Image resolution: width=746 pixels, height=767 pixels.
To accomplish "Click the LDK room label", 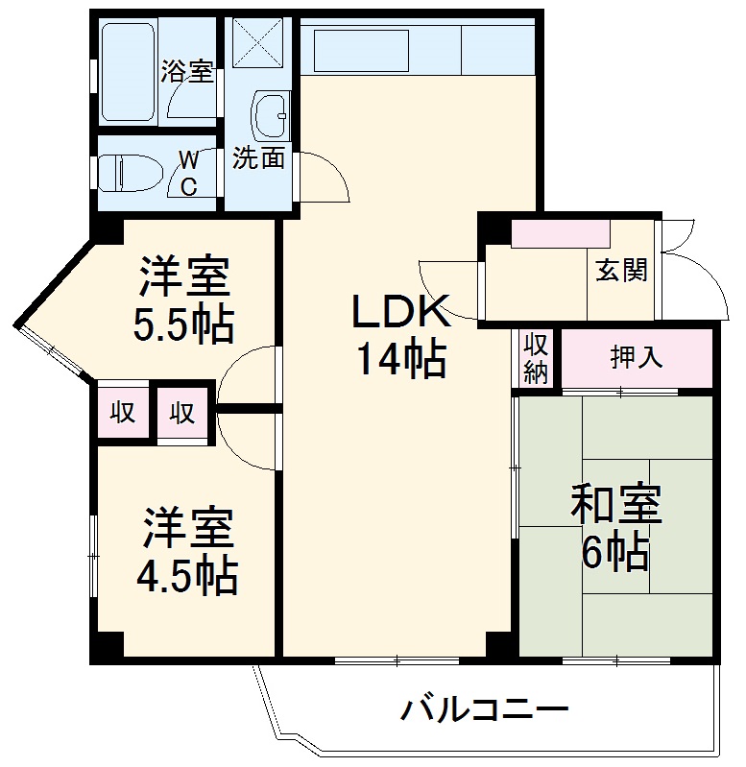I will tap(400, 312).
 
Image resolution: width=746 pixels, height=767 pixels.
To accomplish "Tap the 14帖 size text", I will tap(400, 359).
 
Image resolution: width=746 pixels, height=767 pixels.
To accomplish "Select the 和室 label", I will tap(616, 505).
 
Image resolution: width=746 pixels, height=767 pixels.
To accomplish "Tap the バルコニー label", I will tap(485, 711).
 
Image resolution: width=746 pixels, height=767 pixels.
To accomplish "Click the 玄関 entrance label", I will tap(621, 271).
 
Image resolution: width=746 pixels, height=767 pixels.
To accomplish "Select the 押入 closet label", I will tap(637, 357).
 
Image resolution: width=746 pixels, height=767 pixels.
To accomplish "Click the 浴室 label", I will tap(187, 71).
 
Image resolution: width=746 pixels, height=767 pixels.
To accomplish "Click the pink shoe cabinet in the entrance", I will tap(561, 234).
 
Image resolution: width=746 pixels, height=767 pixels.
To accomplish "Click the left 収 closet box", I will tap(122, 414).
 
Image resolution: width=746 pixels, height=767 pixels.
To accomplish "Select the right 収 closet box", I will tap(182, 414).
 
